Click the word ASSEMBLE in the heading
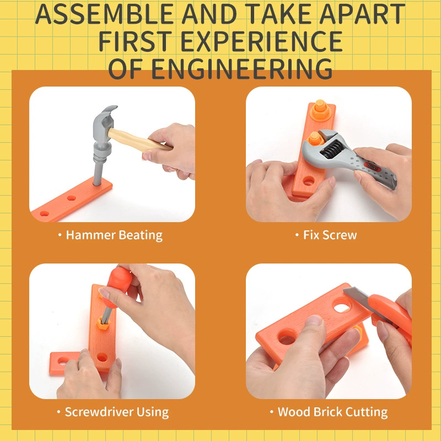(x=104, y=14)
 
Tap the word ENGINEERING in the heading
(x=242, y=69)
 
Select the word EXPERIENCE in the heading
(x=261, y=41)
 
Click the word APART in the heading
(x=362, y=14)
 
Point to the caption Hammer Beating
(x=114, y=235)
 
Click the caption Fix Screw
(x=330, y=235)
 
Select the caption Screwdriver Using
(x=117, y=412)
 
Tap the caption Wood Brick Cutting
(x=332, y=412)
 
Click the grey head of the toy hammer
(x=104, y=123)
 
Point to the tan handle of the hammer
(x=139, y=140)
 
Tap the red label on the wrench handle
(x=372, y=167)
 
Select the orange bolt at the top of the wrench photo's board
(x=320, y=110)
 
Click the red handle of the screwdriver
(x=119, y=285)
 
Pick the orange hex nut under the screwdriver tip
(x=103, y=323)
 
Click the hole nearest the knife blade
(x=342, y=306)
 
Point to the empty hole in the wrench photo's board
(x=309, y=181)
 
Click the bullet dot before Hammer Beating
(x=60, y=235)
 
